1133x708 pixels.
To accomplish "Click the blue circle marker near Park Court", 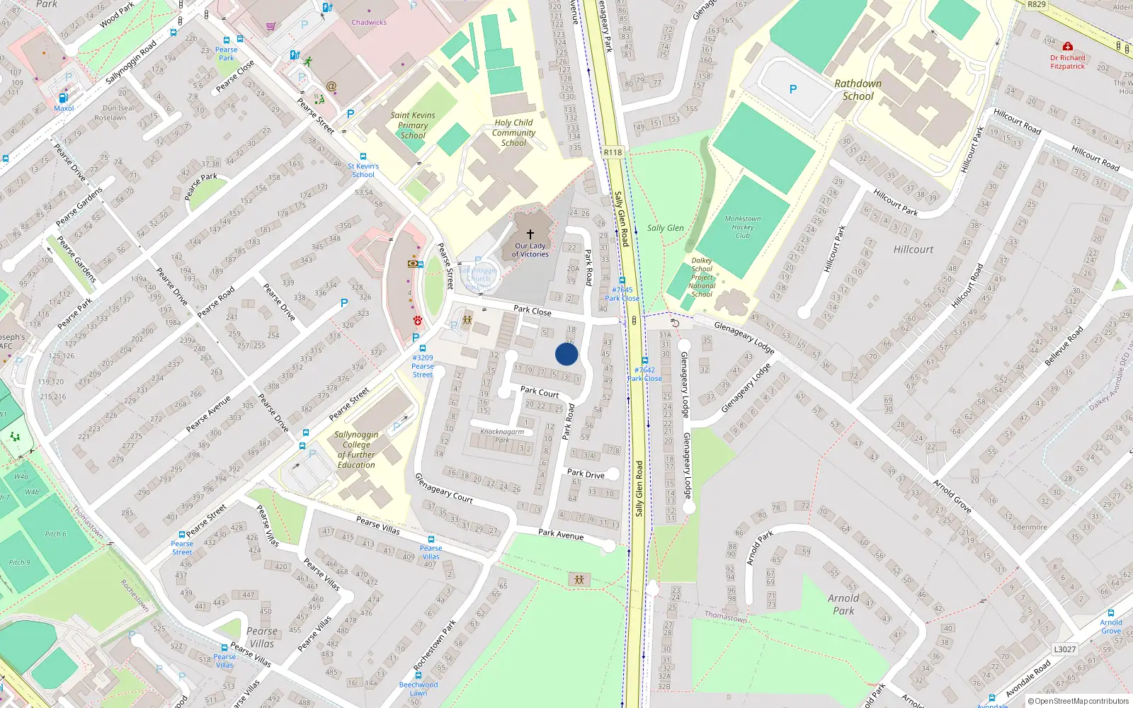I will pos(566,354).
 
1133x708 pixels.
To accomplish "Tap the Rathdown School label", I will pos(858,90).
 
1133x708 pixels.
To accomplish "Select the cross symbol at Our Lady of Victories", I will pos(530,234).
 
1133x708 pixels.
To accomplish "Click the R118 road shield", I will pos(613,152).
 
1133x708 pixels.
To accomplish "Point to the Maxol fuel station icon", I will pos(63,98).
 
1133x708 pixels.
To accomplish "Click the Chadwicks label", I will pos(369,23).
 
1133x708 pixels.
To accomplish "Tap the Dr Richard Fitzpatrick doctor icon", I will pos(1067,47).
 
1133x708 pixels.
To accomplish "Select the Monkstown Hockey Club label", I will pos(742,227).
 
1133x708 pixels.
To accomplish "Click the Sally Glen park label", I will pos(665,228).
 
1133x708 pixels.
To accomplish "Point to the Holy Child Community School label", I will pos(513,132).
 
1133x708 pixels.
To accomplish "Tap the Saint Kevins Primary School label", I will pos(413,125).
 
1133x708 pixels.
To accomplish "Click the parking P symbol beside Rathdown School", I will pos(793,89).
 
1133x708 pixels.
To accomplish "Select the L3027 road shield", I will pos(1064,649).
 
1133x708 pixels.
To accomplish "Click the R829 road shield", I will pos(1037,4).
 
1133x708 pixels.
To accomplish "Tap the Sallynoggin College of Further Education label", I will pos(356,450).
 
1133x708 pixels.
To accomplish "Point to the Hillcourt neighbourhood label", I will pos(913,249).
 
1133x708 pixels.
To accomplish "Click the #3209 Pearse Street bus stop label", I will pos(423,366).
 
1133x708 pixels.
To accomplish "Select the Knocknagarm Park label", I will pos(502,435).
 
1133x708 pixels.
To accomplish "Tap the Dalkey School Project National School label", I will pos(702,277).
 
